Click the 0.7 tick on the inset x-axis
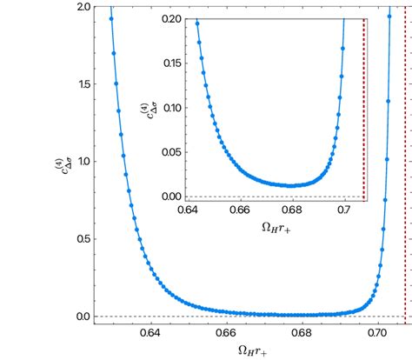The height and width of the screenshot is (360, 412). click(x=345, y=210)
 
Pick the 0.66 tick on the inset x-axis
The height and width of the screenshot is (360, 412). click(x=240, y=210)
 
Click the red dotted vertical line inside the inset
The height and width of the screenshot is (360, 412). click(x=363, y=104)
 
